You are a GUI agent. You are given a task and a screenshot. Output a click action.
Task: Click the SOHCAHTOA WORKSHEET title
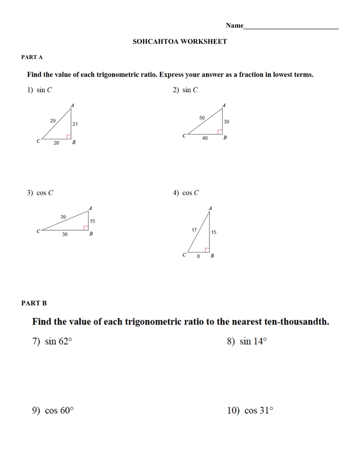(x=180, y=41)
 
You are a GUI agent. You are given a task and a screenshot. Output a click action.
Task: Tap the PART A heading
(x=32, y=57)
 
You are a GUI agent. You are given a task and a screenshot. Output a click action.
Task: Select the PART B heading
(x=34, y=303)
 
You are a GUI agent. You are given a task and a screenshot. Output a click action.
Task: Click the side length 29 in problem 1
(x=53, y=121)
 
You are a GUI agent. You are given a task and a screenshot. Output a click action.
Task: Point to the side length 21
(x=75, y=124)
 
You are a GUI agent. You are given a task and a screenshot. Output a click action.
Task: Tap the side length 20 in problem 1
(x=56, y=143)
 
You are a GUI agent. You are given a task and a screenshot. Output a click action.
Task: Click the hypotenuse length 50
(x=202, y=118)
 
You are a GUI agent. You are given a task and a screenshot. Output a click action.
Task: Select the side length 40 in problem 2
(x=205, y=138)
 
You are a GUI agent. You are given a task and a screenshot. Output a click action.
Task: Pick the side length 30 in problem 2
(x=226, y=122)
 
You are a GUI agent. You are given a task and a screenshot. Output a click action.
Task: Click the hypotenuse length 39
(x=63, y=217)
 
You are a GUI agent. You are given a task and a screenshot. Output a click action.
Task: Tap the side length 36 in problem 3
(x=65, y=234)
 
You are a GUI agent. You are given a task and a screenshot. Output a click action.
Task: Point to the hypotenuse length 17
(x=194, y=230)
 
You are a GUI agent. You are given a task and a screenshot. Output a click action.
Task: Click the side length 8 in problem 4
(x=198, y=256)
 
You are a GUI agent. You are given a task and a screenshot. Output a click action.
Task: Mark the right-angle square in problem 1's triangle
(x=69, y=137)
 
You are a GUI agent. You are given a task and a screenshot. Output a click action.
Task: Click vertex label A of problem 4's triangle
(x=210, y=208)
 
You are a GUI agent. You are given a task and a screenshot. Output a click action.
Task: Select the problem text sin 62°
(x=58, y=341)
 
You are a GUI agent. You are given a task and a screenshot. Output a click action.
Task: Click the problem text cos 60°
(x=59, y=410)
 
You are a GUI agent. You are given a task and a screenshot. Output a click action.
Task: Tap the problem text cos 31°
(x=259, y=410)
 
